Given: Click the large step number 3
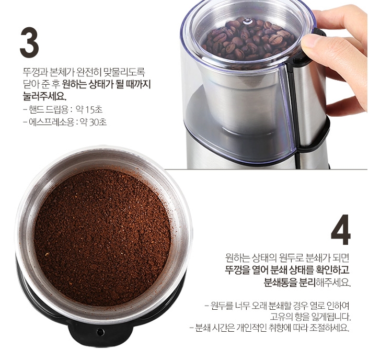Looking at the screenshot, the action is pyautogui.click(x=29, y=43).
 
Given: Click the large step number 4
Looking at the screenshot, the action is pyautogui.click(x=341, y=229).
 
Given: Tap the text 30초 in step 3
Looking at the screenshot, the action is pyautogui.click(x=97, y=122).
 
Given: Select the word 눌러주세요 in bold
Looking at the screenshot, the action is pyautogui.click(x=44, y=96).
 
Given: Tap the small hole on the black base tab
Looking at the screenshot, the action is pyautogui.click(x=100, y=332).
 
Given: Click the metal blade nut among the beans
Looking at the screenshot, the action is pyautogui.click(x=247, y=21).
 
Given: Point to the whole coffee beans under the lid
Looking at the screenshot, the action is pyautogui.click(x=248, y=40).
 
